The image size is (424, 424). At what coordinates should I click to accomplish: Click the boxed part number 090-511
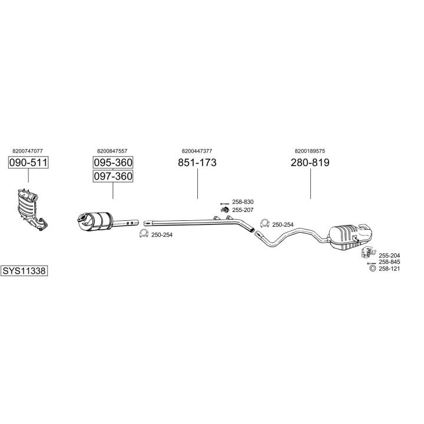point(28,163)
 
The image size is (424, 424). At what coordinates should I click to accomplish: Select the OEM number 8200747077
point(28,151)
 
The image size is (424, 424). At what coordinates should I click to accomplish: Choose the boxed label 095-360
point(112,163)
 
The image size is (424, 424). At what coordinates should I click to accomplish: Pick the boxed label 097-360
point(112,176)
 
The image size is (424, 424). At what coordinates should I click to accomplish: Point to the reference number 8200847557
point(112,151)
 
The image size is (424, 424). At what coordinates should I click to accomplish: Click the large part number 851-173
point(197,163)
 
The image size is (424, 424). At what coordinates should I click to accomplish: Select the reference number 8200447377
point(197,151)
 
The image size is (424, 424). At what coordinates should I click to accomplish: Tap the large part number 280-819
point(310,163)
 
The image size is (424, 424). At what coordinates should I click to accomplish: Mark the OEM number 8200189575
point(310,151)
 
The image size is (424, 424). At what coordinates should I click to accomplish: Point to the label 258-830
point(243,202)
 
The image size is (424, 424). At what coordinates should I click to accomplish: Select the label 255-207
point(243,210)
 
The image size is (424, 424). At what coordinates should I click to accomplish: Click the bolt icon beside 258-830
point(223,202)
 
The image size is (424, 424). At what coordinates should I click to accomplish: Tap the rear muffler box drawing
point(350,234)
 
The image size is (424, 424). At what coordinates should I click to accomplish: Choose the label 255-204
point(389,255)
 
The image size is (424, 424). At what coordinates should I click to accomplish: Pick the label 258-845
point(389,262)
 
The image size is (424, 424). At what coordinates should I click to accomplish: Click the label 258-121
point(389,269)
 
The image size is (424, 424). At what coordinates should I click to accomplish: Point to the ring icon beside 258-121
point(372,269)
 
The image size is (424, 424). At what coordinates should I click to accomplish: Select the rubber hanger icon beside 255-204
point(365,253)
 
